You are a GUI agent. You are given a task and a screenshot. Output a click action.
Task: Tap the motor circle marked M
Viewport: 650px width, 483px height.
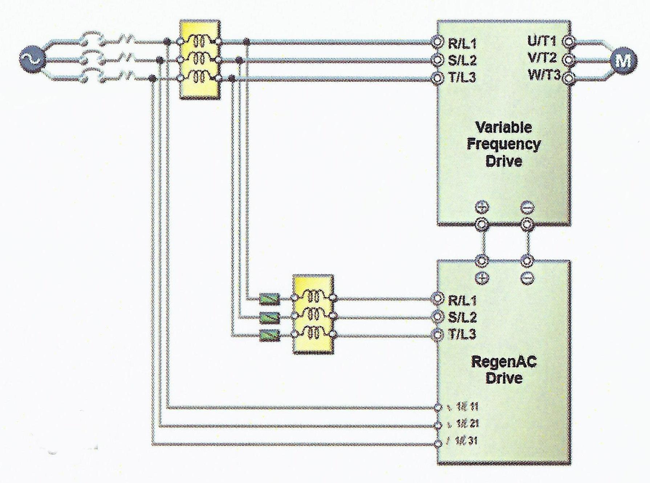tap(623, 60)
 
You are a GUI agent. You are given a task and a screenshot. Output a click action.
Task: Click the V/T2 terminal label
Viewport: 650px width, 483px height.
tap(542, 58)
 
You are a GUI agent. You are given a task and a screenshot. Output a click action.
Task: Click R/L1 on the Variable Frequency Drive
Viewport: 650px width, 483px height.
tap(462, 44)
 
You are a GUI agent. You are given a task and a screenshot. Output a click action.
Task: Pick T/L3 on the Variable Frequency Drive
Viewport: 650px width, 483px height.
tap(462, 77)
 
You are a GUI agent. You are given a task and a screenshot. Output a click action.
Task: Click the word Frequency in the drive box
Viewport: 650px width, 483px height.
tap(503, 144)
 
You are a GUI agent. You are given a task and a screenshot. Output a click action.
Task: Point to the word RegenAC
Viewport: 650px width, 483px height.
tap(504, 362)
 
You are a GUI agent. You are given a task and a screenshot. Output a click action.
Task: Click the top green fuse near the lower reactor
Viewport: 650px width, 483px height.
tap(269, 299)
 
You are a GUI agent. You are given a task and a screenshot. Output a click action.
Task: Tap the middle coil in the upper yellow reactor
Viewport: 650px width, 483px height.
tap(199, 59)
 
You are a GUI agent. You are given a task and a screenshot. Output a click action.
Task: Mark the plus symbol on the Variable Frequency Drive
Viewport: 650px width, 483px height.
tap(482, 207)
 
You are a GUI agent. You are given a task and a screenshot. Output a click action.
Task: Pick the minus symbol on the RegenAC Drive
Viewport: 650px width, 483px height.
tap(527, 278)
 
